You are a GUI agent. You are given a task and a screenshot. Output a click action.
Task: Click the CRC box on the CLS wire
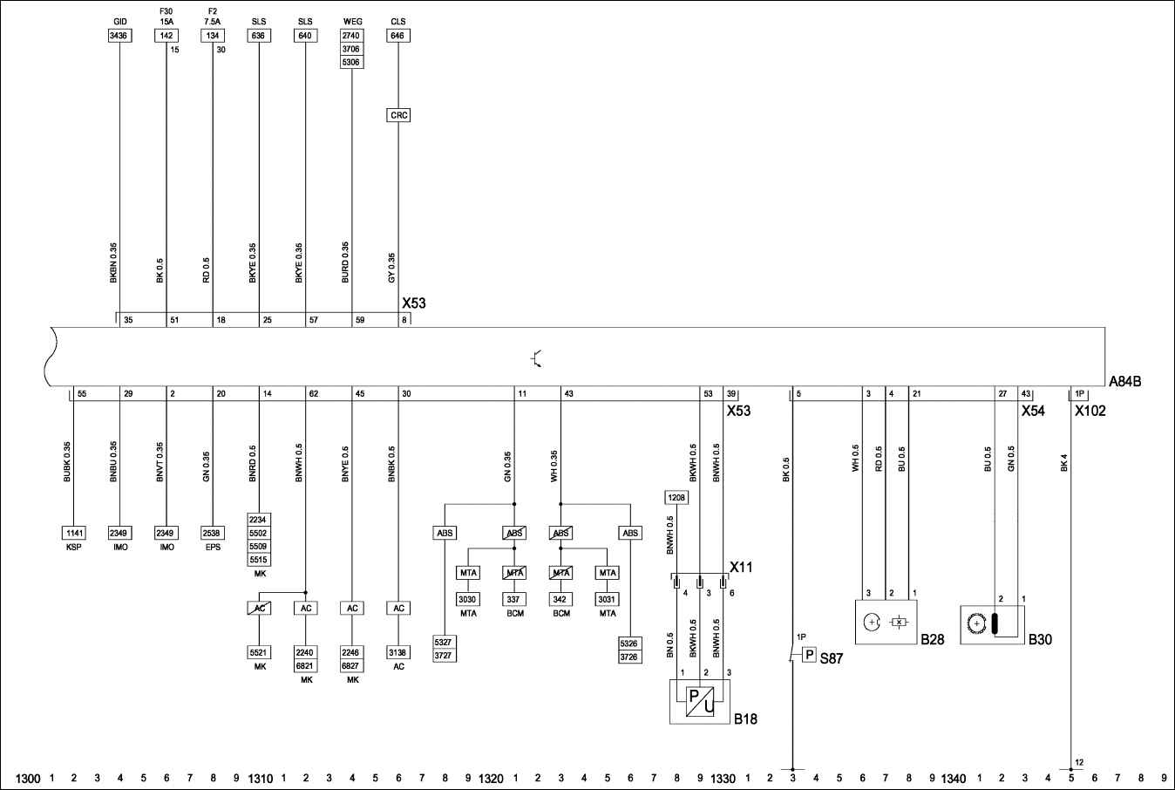(x=398, y=115)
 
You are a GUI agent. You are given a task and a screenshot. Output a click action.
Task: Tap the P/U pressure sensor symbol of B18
(x=700, y=701)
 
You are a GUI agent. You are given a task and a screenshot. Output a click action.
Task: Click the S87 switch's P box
(x=810, y=655)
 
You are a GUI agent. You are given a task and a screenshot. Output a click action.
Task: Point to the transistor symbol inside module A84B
(x=536, y=358)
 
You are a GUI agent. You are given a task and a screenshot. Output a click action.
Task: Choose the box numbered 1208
(x=676, y=497)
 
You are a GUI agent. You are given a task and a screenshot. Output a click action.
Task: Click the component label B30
(x=1040, y=639)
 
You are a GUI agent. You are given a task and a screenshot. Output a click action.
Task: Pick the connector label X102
(x=1090, y=411)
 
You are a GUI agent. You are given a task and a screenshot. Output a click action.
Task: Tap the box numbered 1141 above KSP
(x=74, y=533)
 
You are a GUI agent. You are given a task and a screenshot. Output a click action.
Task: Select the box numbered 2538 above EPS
(x=213, y=533)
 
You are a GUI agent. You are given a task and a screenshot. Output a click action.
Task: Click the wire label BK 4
(x=1063, y=463)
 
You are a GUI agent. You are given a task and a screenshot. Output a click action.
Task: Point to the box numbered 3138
(x=398, y=652)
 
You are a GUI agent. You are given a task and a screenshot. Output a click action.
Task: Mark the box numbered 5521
(x=259, y=652)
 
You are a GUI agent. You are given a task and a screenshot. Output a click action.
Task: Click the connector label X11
(x=741, y=567)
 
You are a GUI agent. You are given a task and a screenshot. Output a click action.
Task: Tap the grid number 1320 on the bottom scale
(x=492, y=779)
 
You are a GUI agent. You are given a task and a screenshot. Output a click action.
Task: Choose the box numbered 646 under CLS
(x=398, y=36)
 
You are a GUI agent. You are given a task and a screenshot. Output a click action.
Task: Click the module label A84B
(x=1124, y=381)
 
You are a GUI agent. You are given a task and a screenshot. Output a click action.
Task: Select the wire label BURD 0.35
(x=344, y=262)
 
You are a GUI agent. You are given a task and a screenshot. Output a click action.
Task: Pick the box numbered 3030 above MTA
(x=467, y=599)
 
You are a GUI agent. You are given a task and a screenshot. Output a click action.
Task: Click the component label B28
(x=933, y=639)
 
